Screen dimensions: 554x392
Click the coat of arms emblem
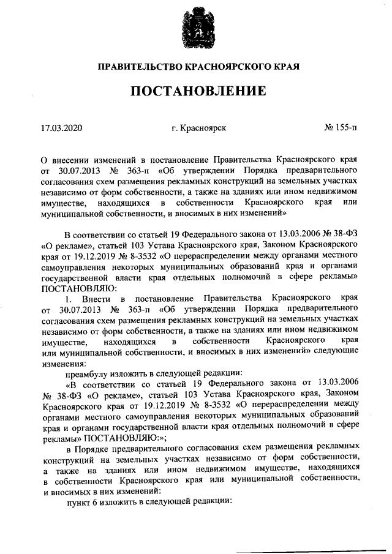(x=196, y=27)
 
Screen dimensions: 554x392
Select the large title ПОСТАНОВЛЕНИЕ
(x=196, y=92)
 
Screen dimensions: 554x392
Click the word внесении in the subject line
(x=70, y=158)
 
